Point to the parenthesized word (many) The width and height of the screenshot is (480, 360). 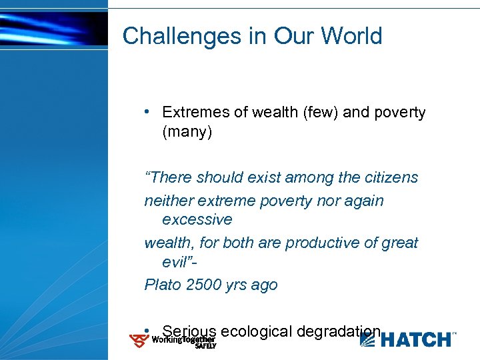point(187,133)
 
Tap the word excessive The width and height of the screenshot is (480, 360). point(197,220)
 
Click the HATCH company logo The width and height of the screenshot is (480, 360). point(408,339)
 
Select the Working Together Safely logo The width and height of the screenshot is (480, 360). point(173,341)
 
